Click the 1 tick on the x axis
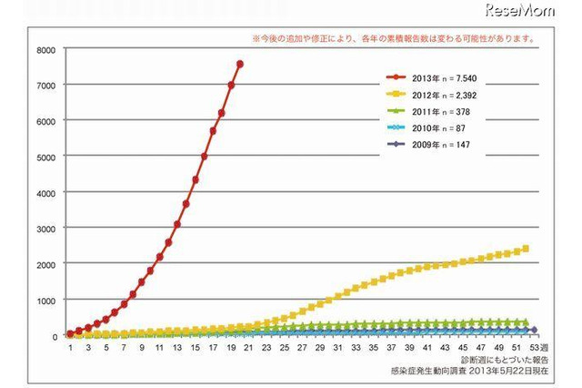[70, 348]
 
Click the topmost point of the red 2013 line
[239, 64]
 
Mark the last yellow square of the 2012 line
[526, 249]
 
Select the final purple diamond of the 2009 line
[534, 330]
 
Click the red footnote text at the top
[393, 40]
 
